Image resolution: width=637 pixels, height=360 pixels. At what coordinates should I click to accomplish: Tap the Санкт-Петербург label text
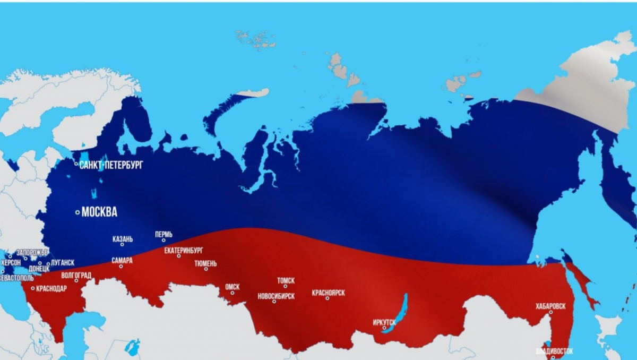click(111, 165)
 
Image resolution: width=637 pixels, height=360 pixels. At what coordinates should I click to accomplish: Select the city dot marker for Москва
click(78, 212)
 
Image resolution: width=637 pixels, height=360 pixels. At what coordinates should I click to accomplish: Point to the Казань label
click(123, 239)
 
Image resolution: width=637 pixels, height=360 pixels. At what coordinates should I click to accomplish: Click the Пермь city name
click(163, 234)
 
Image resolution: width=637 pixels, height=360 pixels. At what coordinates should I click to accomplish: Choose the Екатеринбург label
click(183, 250)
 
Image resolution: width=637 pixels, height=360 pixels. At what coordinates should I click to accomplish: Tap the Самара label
click(122, 261)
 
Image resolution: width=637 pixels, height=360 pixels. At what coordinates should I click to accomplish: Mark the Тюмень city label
click(205, 263)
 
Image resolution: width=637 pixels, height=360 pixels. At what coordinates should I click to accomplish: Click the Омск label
click(233, 287)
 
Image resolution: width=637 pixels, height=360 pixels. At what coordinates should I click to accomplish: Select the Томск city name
click(286, 280)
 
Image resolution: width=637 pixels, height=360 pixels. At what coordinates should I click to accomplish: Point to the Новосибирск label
click(276, 296)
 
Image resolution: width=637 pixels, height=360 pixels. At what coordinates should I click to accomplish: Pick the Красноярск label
click(329, 293)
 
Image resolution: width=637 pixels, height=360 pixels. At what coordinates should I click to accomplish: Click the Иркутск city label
click(385, 322)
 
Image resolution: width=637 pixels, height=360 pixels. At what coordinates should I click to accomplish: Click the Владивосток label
click(554, 352)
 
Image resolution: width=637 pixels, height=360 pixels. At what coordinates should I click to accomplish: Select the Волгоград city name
click(76, 275)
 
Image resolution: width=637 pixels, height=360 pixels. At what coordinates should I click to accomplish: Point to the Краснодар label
click(51, 288)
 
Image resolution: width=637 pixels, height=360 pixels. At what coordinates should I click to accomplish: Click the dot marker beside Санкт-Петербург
click(76, 164)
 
